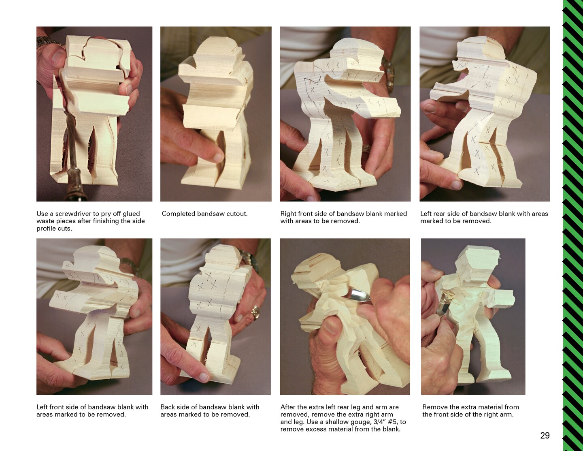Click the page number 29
click(545, 435)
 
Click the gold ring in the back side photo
click(255, 312)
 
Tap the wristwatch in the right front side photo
click(388, 73)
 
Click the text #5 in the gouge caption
click(392, 422)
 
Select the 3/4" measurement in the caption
click(378, 422)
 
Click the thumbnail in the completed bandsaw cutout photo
click(218, 158)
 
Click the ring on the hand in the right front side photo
click(367, 148)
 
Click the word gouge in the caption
click(360, 422)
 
